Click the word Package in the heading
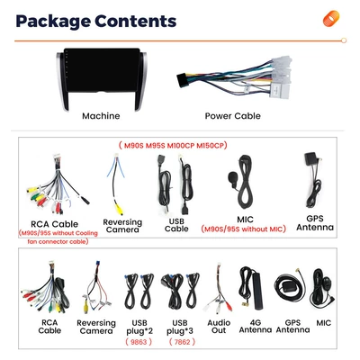53,22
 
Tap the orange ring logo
331,18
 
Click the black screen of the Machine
102,70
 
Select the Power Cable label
232,116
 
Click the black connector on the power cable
182,80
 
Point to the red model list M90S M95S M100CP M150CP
173,146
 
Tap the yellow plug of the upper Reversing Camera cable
120,210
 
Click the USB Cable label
176,225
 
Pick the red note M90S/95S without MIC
243,229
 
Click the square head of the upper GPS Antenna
310,158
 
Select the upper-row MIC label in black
245,220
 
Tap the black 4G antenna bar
258,291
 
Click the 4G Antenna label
256,327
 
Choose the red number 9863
139,342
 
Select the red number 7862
182,342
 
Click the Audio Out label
219,327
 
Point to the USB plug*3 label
180,327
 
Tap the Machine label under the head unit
101,116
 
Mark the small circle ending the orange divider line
344,40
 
